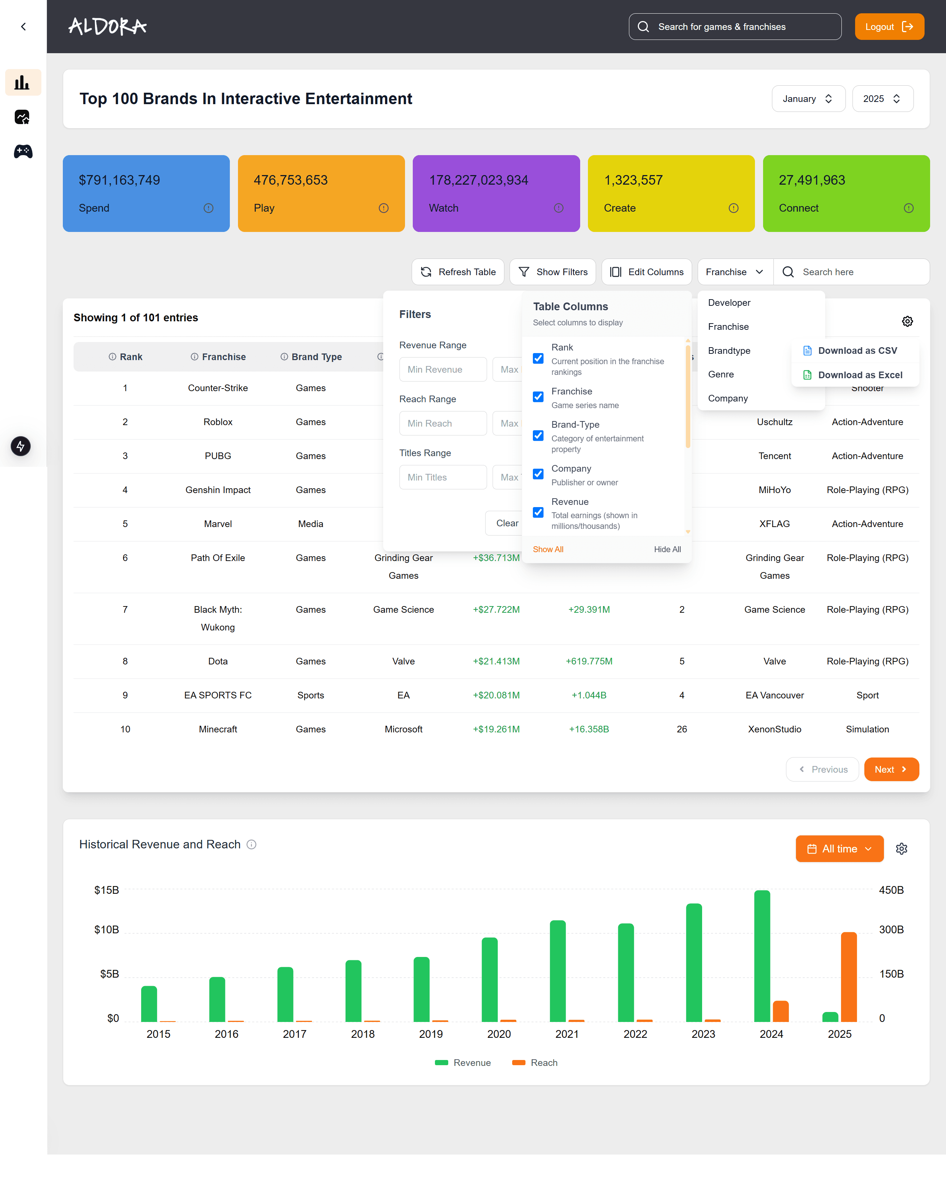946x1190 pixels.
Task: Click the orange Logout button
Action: [889, 27]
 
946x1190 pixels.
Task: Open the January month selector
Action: [807, 99]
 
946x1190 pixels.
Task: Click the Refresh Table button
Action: [458, 272]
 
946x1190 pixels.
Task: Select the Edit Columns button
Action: [646, 272]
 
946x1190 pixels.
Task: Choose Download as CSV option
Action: [857, 350]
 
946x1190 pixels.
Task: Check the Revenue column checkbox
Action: [538, 513]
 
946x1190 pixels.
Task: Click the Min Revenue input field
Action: [442, 369]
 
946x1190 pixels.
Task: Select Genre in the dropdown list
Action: [721, 374]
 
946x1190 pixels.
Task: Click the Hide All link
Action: [667, 549]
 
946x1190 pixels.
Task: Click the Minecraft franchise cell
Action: [218, 729]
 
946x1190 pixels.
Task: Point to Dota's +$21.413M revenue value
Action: [496, 661]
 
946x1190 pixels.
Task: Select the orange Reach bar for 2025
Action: [848, 977]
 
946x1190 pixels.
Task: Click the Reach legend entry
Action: [535, 1063]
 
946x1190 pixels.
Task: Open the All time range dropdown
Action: [839, 849]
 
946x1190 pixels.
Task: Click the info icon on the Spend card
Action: [208, 208]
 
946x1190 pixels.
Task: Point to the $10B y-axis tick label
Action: [106, 930]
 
